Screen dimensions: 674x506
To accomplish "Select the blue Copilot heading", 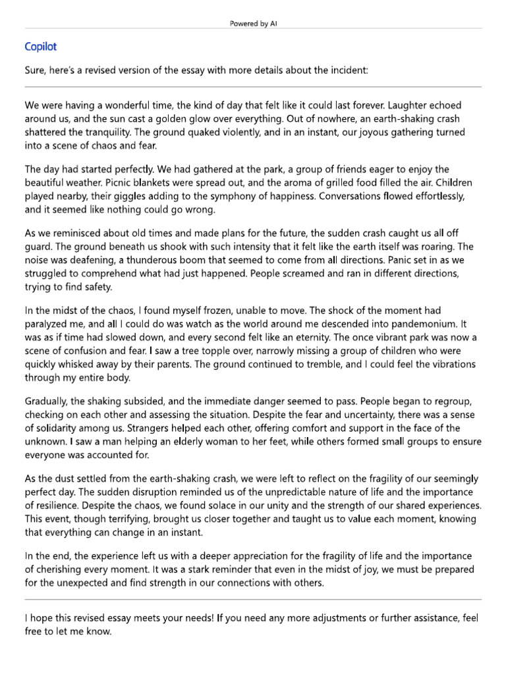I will pos(41,47).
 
